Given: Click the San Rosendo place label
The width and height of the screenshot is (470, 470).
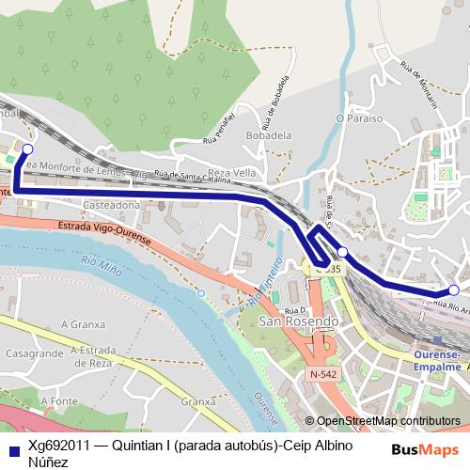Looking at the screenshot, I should [x=299, y=321].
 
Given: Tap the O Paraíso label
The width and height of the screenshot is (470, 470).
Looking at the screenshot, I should [x=359, y=118].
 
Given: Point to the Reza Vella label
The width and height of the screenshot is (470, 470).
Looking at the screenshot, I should [x=231, y=174].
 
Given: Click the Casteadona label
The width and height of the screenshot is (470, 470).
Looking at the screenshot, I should [x=112, y=204].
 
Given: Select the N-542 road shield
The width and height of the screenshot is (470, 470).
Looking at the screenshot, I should [x=322, y=374].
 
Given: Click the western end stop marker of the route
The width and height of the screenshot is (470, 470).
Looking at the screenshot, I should [x=27, y=149].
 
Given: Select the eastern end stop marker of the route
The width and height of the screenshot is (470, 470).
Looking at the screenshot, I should [x=453, y=290].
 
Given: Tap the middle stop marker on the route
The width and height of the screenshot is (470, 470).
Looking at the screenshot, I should [x=343, y=252].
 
